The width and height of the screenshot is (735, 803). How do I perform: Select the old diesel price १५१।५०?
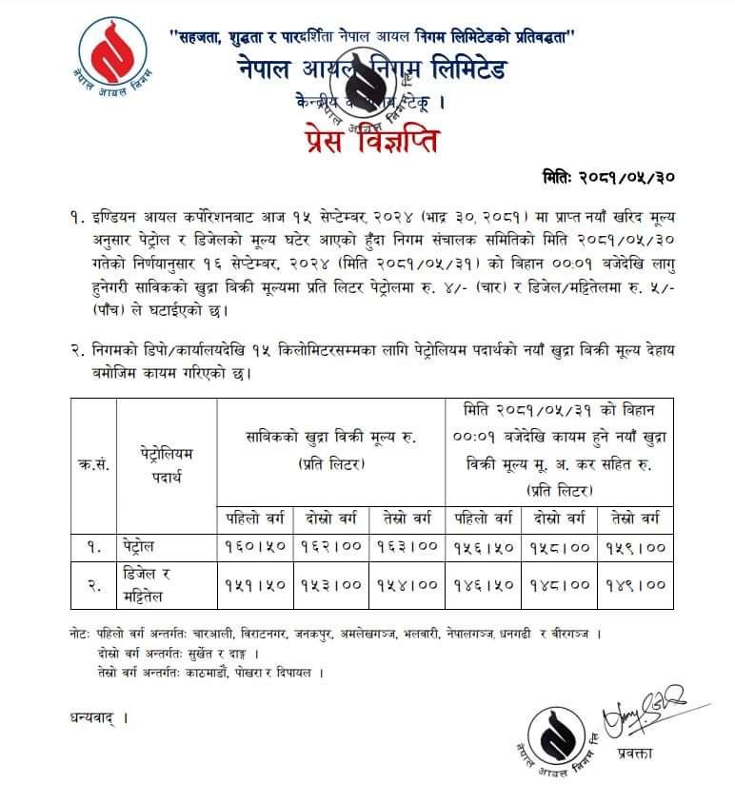(x=255, y=585)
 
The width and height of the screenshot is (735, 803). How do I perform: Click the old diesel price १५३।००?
(x=331, y=585)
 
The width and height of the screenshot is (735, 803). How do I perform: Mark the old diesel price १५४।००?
(x=407, y=585)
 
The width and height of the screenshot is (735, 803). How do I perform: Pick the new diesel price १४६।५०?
(x=484, y=585)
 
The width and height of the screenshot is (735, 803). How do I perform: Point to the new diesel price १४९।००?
(x=635, y=585)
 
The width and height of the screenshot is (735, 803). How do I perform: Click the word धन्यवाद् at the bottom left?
(x=97, y=716)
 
